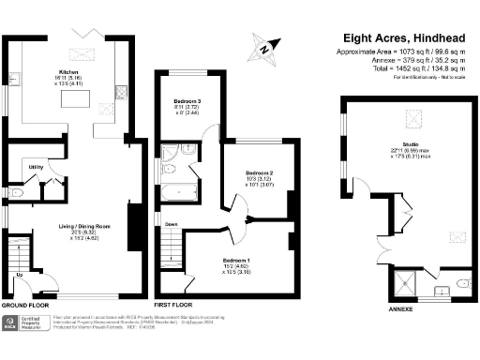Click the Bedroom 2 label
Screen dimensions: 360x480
coord(259,173)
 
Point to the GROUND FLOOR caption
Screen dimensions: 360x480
coord(25,306)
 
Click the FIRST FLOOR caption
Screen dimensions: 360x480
coord(174,306)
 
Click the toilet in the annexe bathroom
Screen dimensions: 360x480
coord(462,281)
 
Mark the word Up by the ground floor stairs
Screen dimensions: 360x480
coord(21,274)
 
